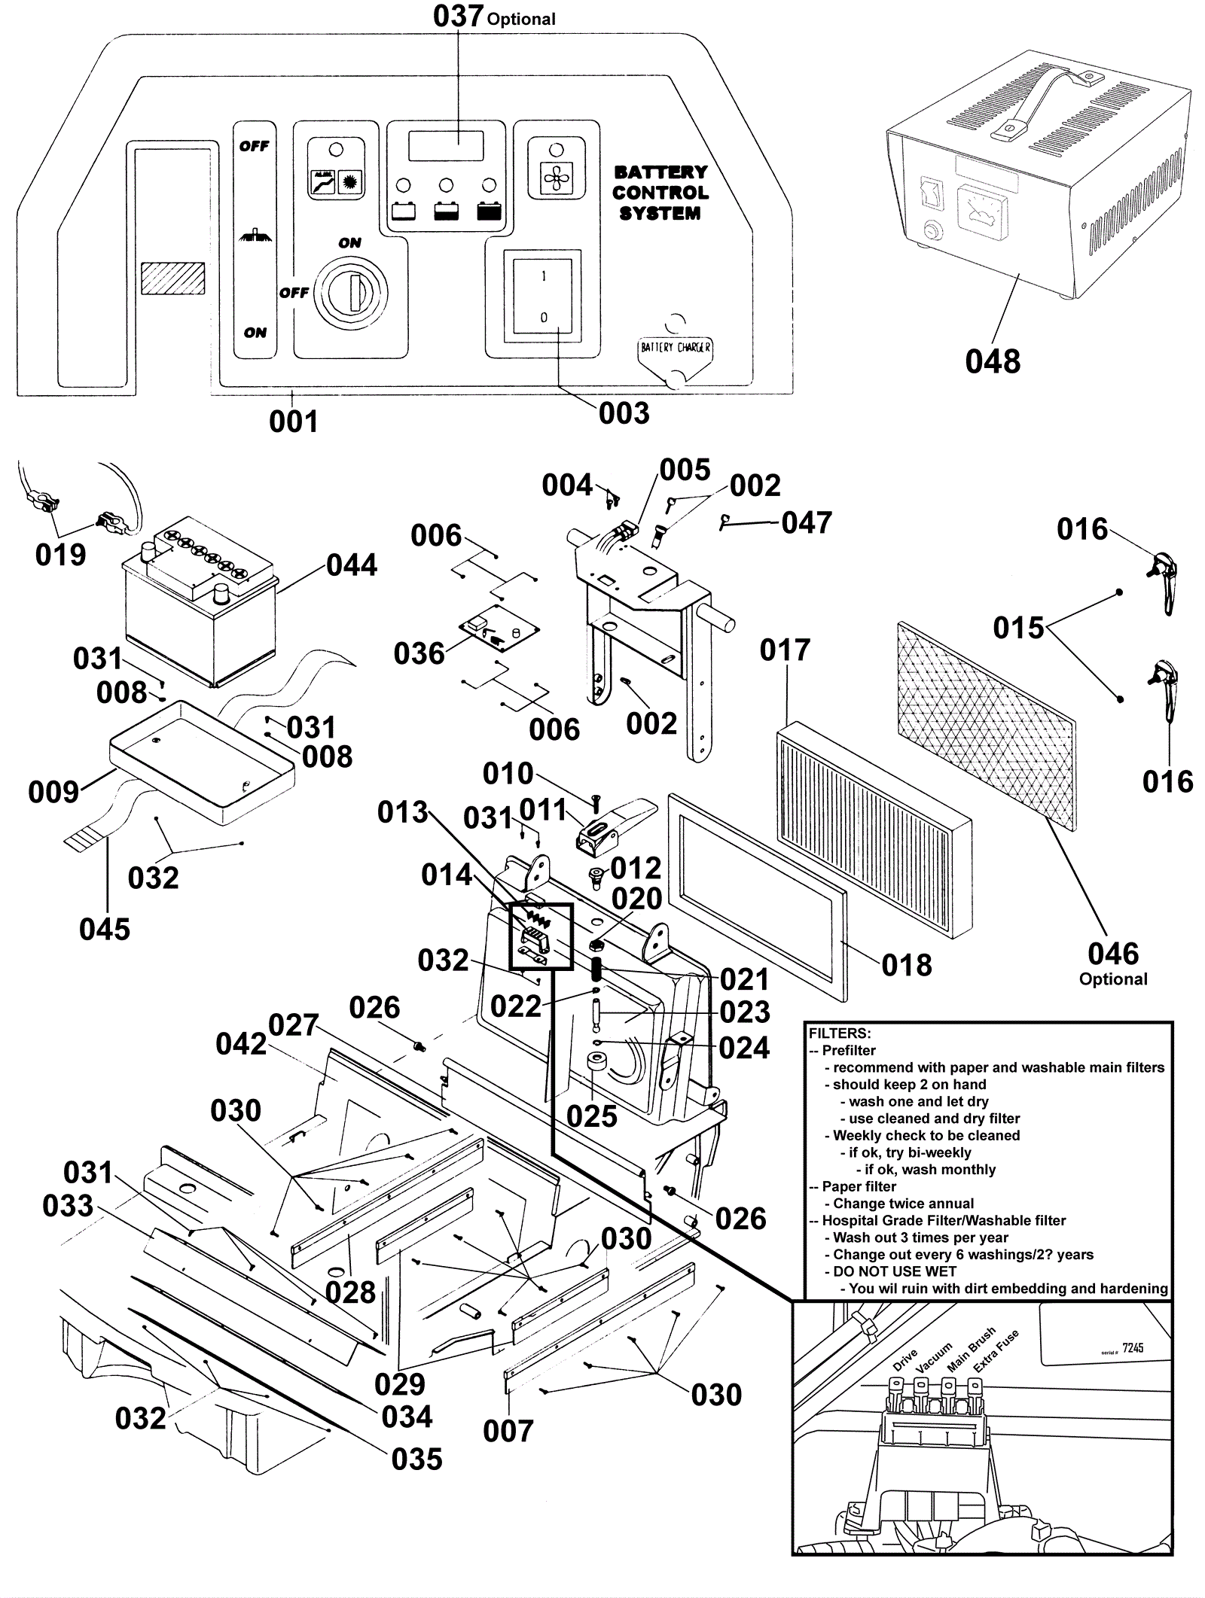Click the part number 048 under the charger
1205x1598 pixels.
993,361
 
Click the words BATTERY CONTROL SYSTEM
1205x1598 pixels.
660,193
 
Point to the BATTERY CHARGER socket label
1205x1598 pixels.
675,348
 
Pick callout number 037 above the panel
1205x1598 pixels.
458,16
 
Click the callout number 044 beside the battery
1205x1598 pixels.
352,565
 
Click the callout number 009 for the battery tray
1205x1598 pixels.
53,792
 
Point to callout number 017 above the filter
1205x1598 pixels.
785,650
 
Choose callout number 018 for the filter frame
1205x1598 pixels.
907,965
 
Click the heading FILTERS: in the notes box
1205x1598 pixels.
840,1033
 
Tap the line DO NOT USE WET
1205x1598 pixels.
895,1271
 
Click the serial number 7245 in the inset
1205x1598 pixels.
1133,1347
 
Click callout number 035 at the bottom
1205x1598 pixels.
416,1460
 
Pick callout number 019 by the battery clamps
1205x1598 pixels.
60,555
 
